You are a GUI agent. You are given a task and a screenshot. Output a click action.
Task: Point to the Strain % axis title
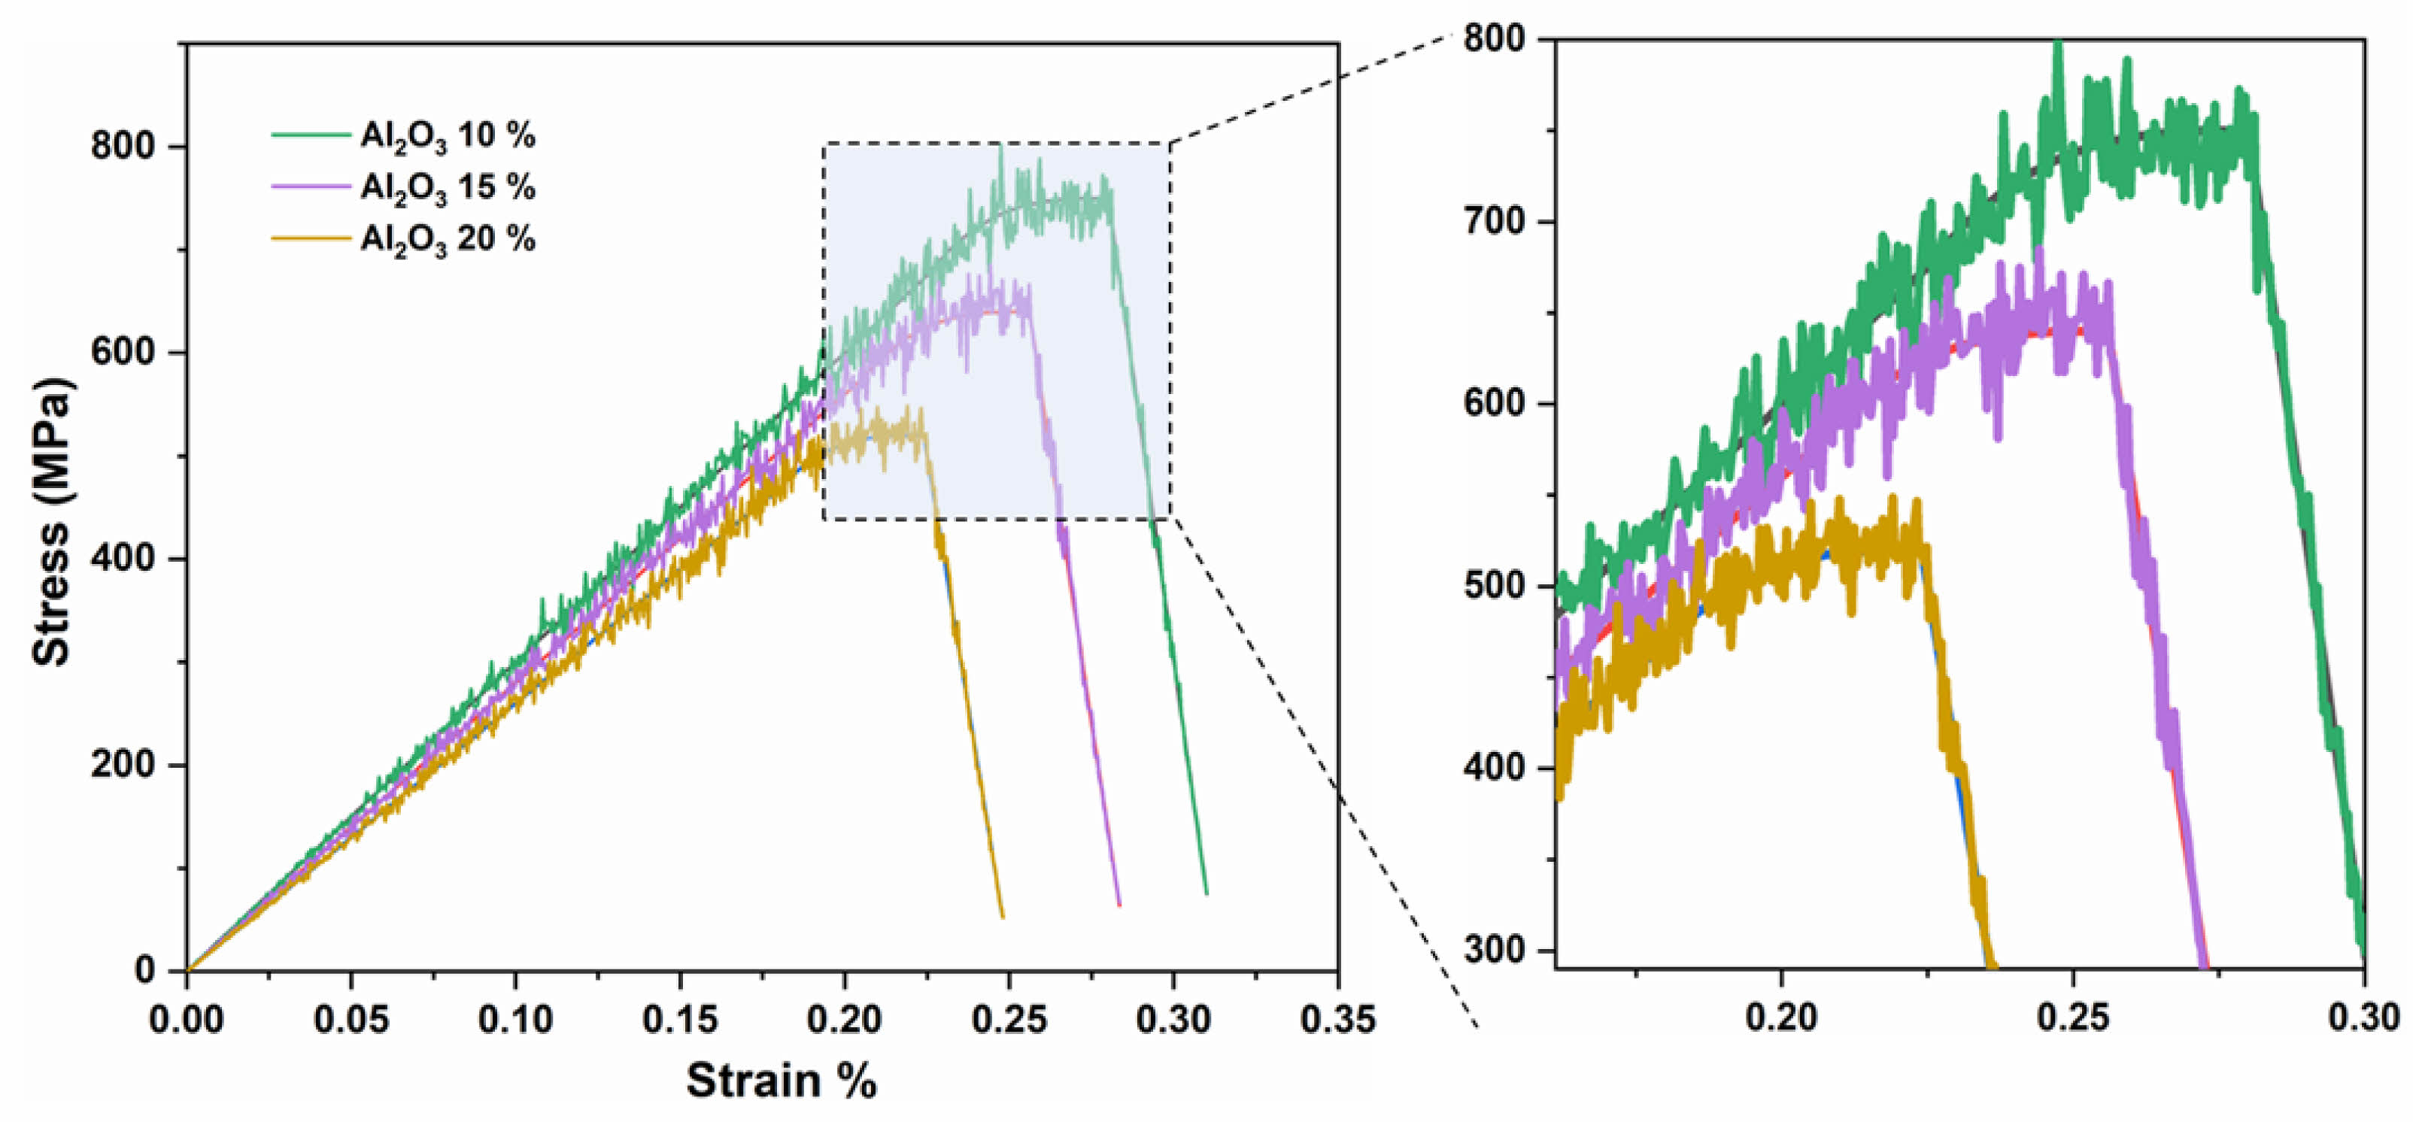coord(782,1081)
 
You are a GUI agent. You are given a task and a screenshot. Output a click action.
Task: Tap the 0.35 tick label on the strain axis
coord(1337,1020)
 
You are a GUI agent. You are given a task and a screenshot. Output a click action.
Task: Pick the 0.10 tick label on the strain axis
coord(515,1020)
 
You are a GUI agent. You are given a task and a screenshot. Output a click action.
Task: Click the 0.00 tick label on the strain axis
coord(187,1020)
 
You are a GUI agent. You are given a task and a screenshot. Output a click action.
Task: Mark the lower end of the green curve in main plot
coord(1206,893)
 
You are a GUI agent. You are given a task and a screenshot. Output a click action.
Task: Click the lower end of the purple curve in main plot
coord(1118,904)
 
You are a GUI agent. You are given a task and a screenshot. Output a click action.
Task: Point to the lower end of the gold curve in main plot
coord(1003,916)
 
